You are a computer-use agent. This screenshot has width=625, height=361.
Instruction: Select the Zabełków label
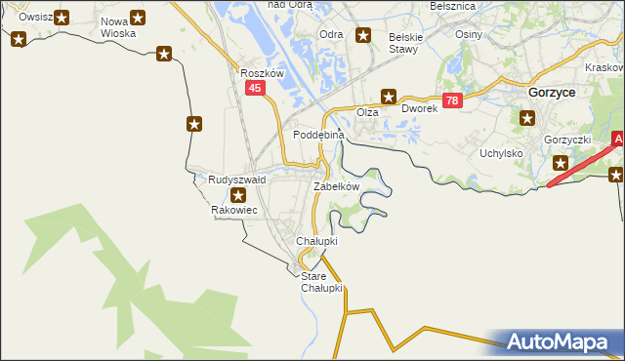tap(337, 186)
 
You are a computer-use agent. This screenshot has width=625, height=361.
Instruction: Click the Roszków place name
tap(261, 73)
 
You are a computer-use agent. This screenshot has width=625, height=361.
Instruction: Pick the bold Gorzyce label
tap(551, 91)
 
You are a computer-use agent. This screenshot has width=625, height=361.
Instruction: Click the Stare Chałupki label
tap(321, 282)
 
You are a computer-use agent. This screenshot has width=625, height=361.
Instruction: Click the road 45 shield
tap(255, 89)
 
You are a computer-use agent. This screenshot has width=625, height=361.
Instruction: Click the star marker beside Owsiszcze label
tap(62, 18)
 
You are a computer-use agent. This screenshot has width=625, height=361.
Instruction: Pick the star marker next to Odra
tap(364, 37)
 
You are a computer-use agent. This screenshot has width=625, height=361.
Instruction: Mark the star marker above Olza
tap(389, 96)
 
